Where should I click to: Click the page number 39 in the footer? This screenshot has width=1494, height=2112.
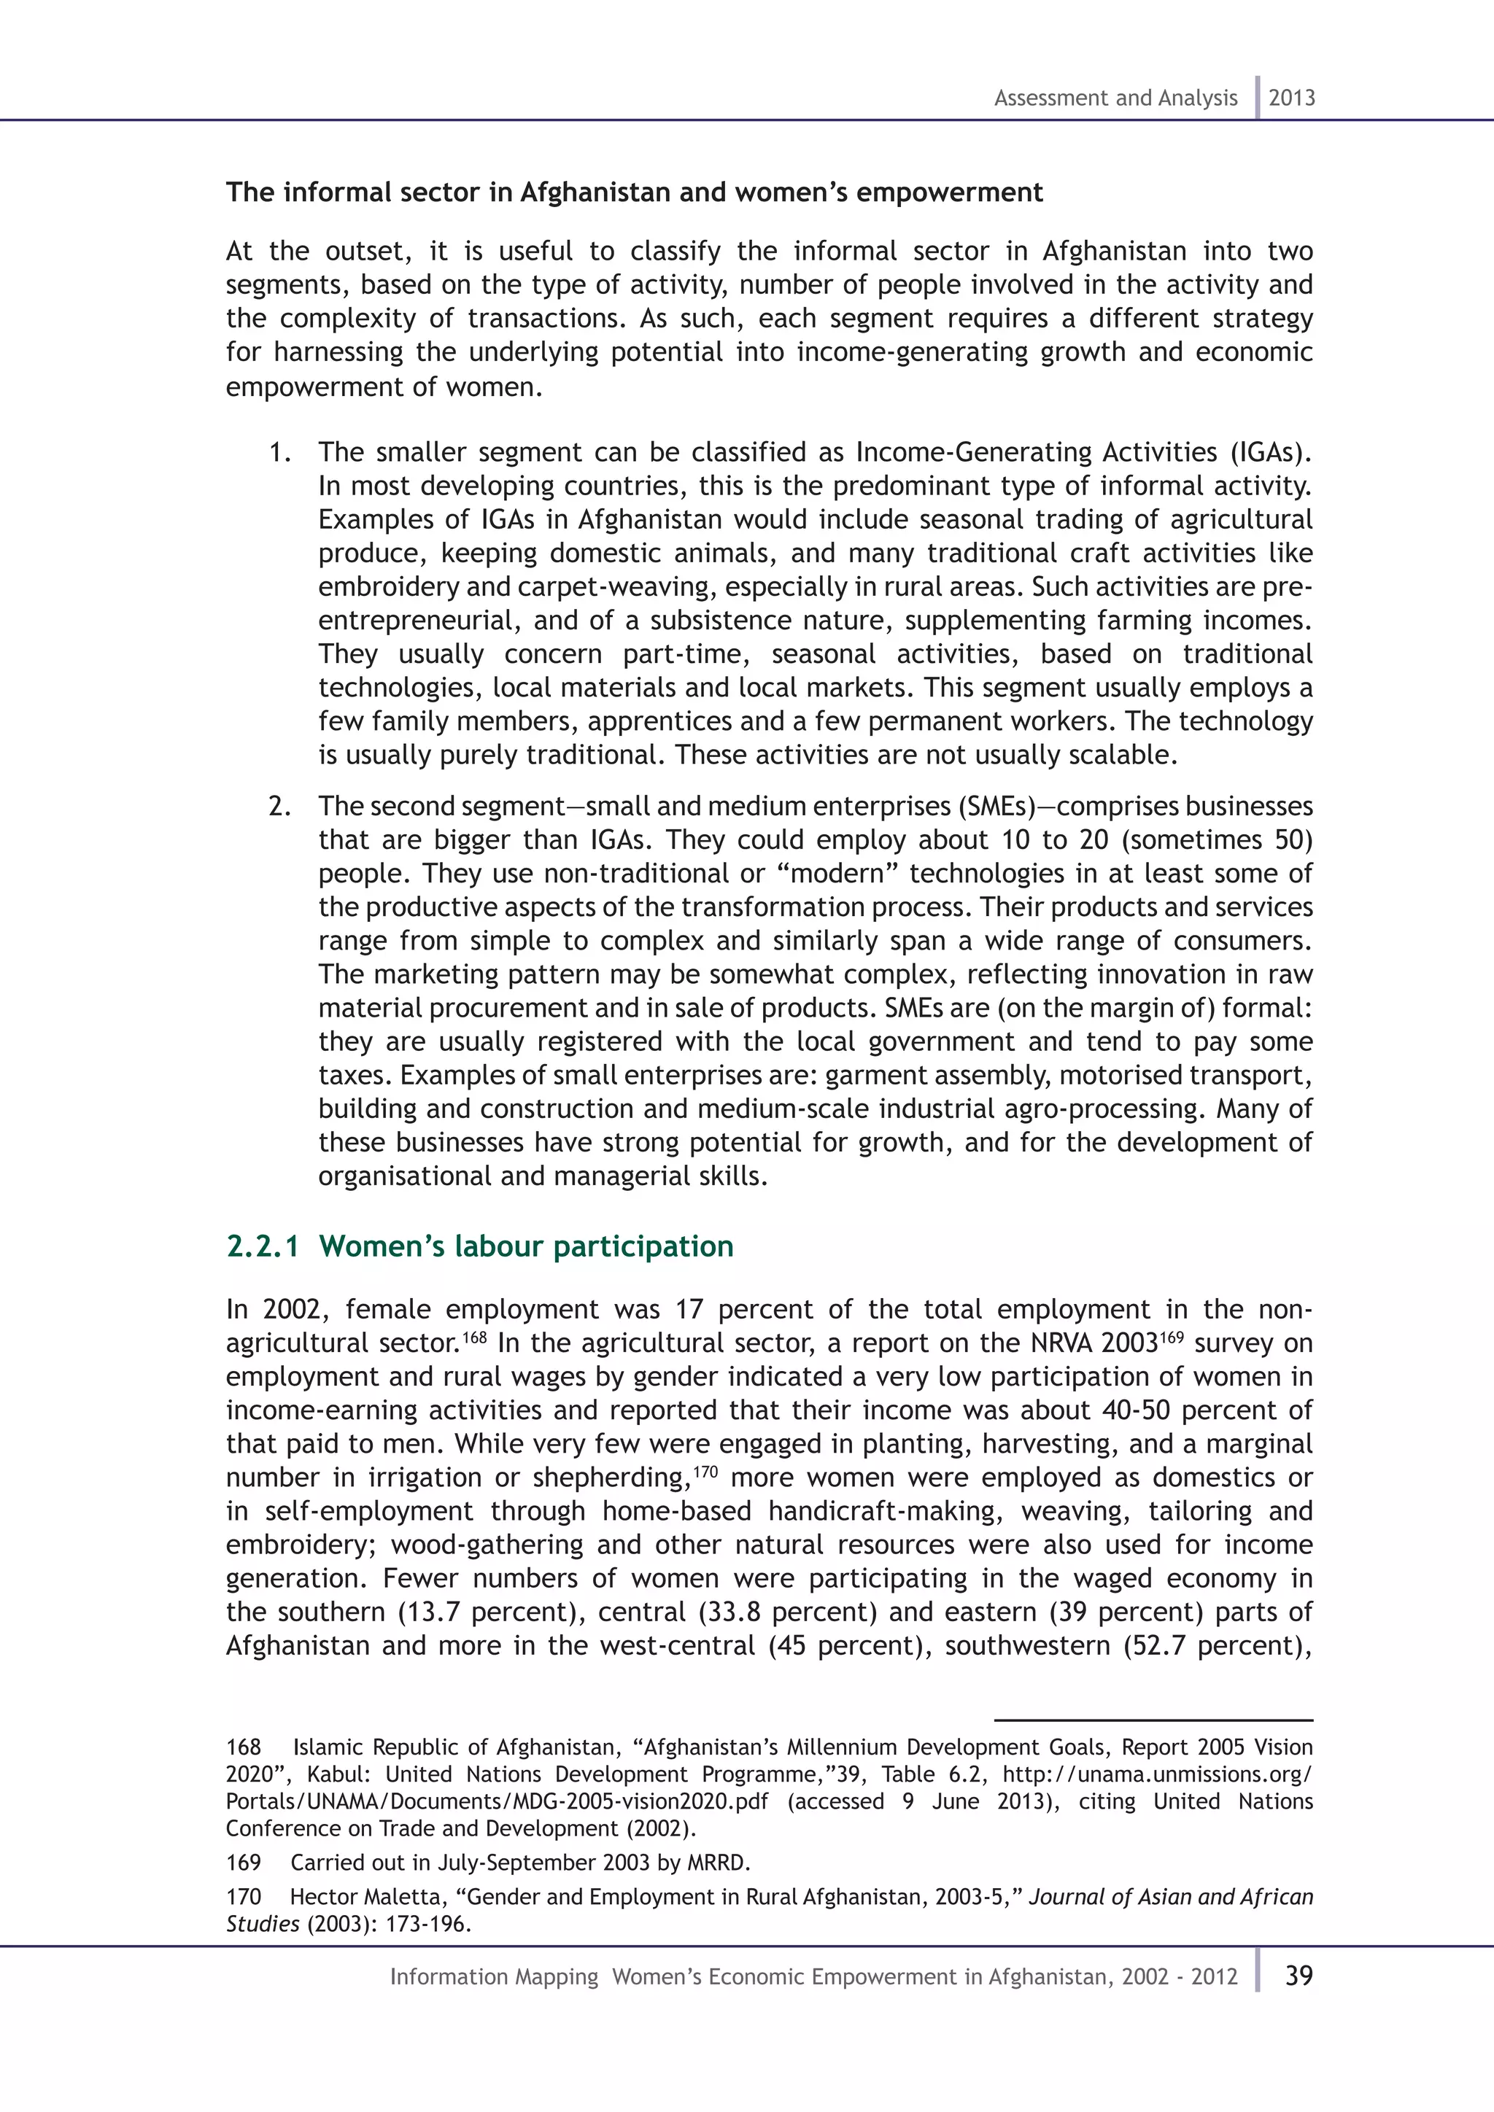coord(1298,1975)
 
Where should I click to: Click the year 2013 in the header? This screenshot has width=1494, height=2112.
coord(1292,98)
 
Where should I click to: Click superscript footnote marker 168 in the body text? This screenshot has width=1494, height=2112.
coord(475,1335)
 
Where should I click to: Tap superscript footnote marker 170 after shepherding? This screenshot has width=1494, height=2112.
coord(705,1470)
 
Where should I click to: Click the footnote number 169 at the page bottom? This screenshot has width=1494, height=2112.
coord(244,1863)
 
